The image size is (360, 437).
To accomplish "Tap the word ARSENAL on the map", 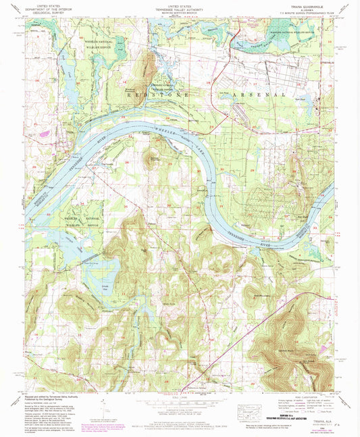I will [260, 96].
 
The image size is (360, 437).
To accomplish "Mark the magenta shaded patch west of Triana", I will [45, 134].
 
